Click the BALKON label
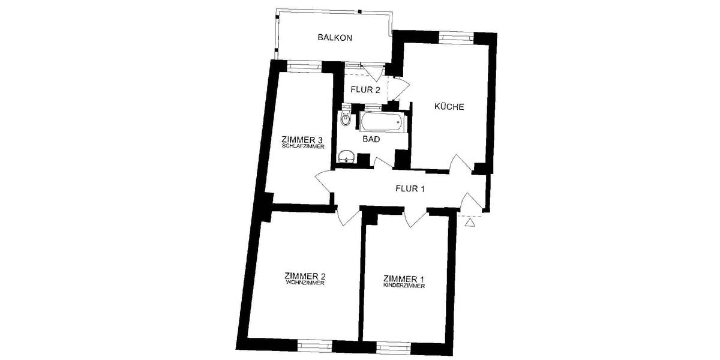click(335, 38)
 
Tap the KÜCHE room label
click(449, 107)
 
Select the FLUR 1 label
click(410, 189)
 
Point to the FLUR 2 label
click(365, 91)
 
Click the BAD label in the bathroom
click(371, 139)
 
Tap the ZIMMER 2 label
click(305, 277)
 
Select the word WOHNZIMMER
click(305, 283)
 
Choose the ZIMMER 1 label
click(404, 279)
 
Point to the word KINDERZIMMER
click(404, 286)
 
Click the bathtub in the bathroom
click(382, 123)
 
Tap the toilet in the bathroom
click(345, 118)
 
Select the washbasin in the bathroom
click(346, 158)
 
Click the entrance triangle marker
click(470, 223)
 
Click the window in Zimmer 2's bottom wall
click(314, 345)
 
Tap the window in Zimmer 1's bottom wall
click(394, 346)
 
